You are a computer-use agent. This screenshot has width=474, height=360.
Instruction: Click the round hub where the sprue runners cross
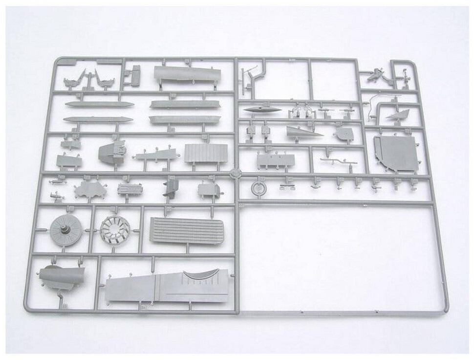click(x=235, y=173)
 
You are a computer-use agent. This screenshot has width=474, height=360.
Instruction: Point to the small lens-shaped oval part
click(x=262, y=110)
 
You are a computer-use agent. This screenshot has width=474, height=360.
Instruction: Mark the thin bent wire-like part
click(x=374, y=108)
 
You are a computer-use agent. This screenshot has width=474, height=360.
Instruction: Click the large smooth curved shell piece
click(x=186, y=74)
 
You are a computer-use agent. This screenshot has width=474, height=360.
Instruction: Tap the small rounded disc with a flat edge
click(x=345, y=133)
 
